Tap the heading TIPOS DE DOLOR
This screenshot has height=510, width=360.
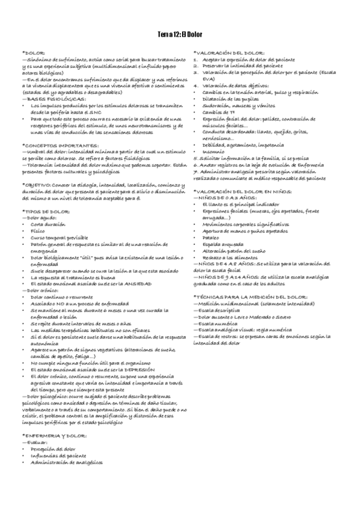46,212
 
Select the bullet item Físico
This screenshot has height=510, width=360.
37,230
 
